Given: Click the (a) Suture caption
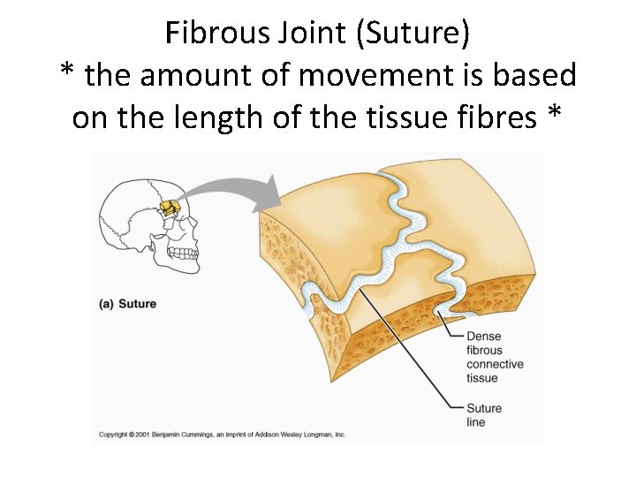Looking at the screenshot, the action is pos(127,304).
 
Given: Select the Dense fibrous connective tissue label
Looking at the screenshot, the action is pos(494,357).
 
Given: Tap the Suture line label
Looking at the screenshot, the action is pos(485,415).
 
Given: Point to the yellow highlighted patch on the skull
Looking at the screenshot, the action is pos(170,208).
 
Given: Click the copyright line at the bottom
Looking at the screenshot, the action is pos(222,435).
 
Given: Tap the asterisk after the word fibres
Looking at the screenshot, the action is pos(554,115).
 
